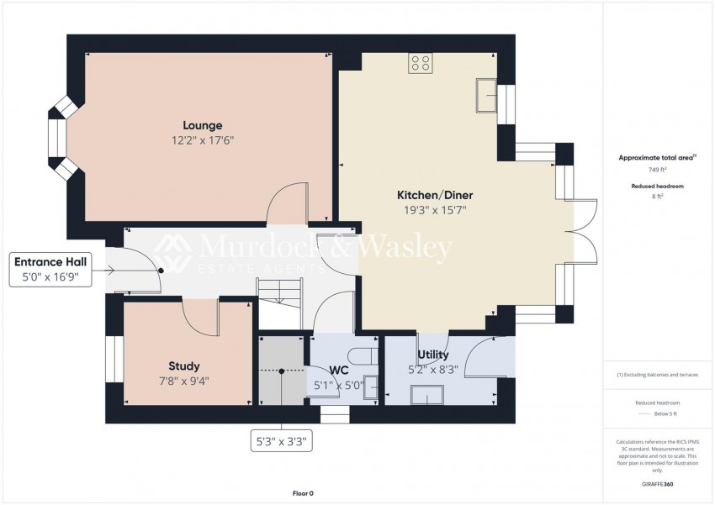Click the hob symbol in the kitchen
point(421,63)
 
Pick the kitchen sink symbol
point(485,95)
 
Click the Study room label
point(184,366)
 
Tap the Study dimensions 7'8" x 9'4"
point(184,381)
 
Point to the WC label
point(339,371)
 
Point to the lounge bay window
point(62,138)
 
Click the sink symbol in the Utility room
point(427,394)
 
